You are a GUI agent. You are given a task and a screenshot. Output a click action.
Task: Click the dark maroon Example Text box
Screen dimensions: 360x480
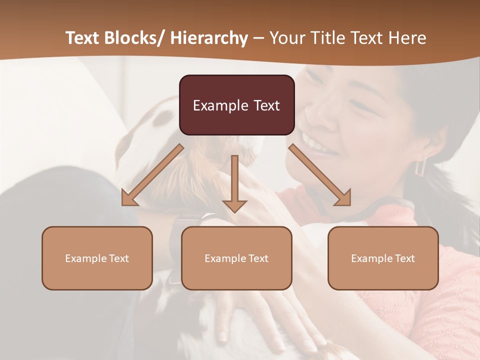click(236, 105)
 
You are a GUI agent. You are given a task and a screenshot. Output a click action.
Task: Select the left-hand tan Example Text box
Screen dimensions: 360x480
click(97, 258)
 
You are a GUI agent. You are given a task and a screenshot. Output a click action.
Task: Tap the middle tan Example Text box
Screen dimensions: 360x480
click(236, 258)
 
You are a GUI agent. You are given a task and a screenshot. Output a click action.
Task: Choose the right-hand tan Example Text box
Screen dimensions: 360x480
click(383, 258)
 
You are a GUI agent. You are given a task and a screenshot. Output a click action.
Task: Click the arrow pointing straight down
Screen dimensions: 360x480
click(234, 185)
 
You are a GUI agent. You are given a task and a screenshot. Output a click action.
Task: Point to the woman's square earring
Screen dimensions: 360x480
click(421, 166)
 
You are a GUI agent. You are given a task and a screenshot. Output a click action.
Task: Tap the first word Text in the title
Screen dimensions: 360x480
click(82, 38)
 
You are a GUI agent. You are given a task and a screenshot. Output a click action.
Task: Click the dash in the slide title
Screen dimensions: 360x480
click(258, 38)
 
